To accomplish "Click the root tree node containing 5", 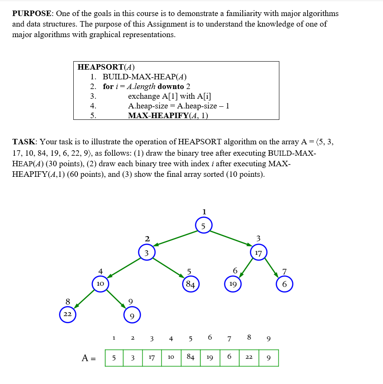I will pyautogui.click(x=204, y=225).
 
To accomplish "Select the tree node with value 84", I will pyautogui.click(x=190, y=284).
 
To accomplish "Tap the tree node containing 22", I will pyautogui.click(x=67, y=314).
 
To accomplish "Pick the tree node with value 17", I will pyautogui.click(x=258, y=253).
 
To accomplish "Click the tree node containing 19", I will pyautogui.click(x=233, y=284).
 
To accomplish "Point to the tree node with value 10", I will pyautogui.click(x=100, y=284).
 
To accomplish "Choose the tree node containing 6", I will pyautogui.click(x=284, y=284).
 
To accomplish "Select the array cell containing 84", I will pyautogui.click(x=190, y=358).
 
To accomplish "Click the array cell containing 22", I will pyautogui.click(x=249, y=358).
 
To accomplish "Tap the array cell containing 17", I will pyautogui.click(x=152, y=358).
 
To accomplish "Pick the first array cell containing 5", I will pyautogui.click(x=114, y=358).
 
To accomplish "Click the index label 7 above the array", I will pyautogui.click(x=229, y=338).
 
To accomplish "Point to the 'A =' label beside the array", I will pyautogui.click(x=88, y=358).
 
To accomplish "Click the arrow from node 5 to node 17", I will pyautogui.click(x=231, y=238).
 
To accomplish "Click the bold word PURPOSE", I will pyautogui.click(x=32, y=14).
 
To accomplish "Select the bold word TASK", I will pyautogui.click(x=24, y=142).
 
